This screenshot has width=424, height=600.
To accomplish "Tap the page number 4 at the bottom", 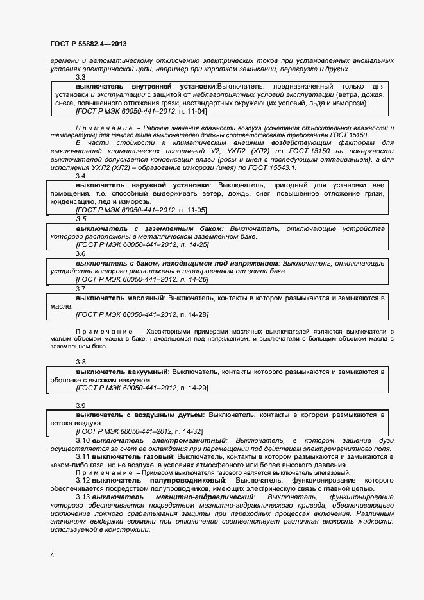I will [x=52, y=554].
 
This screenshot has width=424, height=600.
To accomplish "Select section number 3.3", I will [x=81, y=78].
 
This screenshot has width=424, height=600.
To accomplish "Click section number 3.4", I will [x=81, y=176].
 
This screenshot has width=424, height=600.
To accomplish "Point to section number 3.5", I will [x=81, y=219].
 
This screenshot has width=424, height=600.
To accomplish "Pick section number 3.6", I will [x=81, y=253].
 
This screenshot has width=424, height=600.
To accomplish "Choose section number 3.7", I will [x=81, y=289].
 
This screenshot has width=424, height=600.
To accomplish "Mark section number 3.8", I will [x=81, y=363].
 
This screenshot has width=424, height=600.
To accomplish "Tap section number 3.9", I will [x=81, y=406].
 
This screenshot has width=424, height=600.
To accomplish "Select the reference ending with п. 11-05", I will [x=141, y=210].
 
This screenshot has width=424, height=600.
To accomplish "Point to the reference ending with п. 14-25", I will [x=142, y=244].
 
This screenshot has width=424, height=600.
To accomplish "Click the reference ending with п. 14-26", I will [x=142, y=280].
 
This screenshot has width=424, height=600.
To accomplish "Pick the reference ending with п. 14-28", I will [x=142, y=314].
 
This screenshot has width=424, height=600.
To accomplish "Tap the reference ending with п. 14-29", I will [x=142, y=388].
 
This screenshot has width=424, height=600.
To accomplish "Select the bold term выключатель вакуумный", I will [x=122, y=372].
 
